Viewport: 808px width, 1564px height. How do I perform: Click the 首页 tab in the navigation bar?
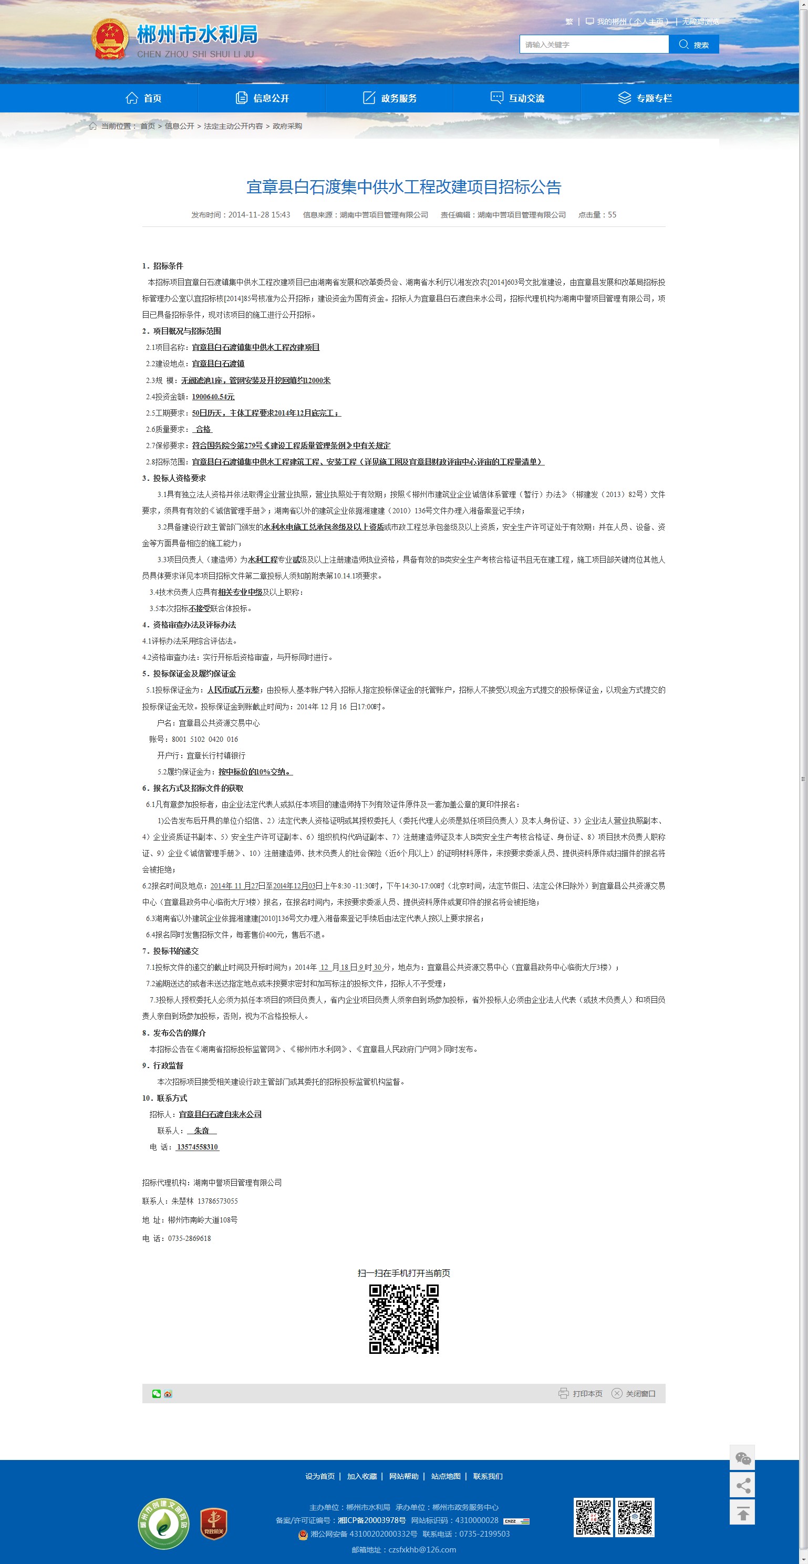144,98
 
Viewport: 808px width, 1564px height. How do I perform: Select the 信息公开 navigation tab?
262,98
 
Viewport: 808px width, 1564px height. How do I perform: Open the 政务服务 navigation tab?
390,98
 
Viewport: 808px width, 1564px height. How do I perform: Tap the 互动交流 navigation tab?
517,98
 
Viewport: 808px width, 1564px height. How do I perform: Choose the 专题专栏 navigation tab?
645,98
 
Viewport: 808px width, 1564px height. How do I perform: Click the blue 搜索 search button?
694,44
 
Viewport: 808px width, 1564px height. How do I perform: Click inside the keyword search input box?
594,44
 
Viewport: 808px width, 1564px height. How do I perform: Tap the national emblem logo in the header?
110,39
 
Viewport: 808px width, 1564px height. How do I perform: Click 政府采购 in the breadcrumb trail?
287,126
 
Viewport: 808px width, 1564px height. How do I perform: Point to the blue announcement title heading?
403,187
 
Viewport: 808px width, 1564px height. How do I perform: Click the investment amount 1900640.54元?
213,397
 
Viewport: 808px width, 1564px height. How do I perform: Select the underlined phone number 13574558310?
198,1147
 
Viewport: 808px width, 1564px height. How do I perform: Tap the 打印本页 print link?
581,1393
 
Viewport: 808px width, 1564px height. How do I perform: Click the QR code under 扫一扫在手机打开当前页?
403,1319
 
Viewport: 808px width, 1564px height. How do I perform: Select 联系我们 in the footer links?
488,1476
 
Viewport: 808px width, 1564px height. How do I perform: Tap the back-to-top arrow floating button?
742,1514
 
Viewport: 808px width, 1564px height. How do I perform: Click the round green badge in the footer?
163,1524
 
